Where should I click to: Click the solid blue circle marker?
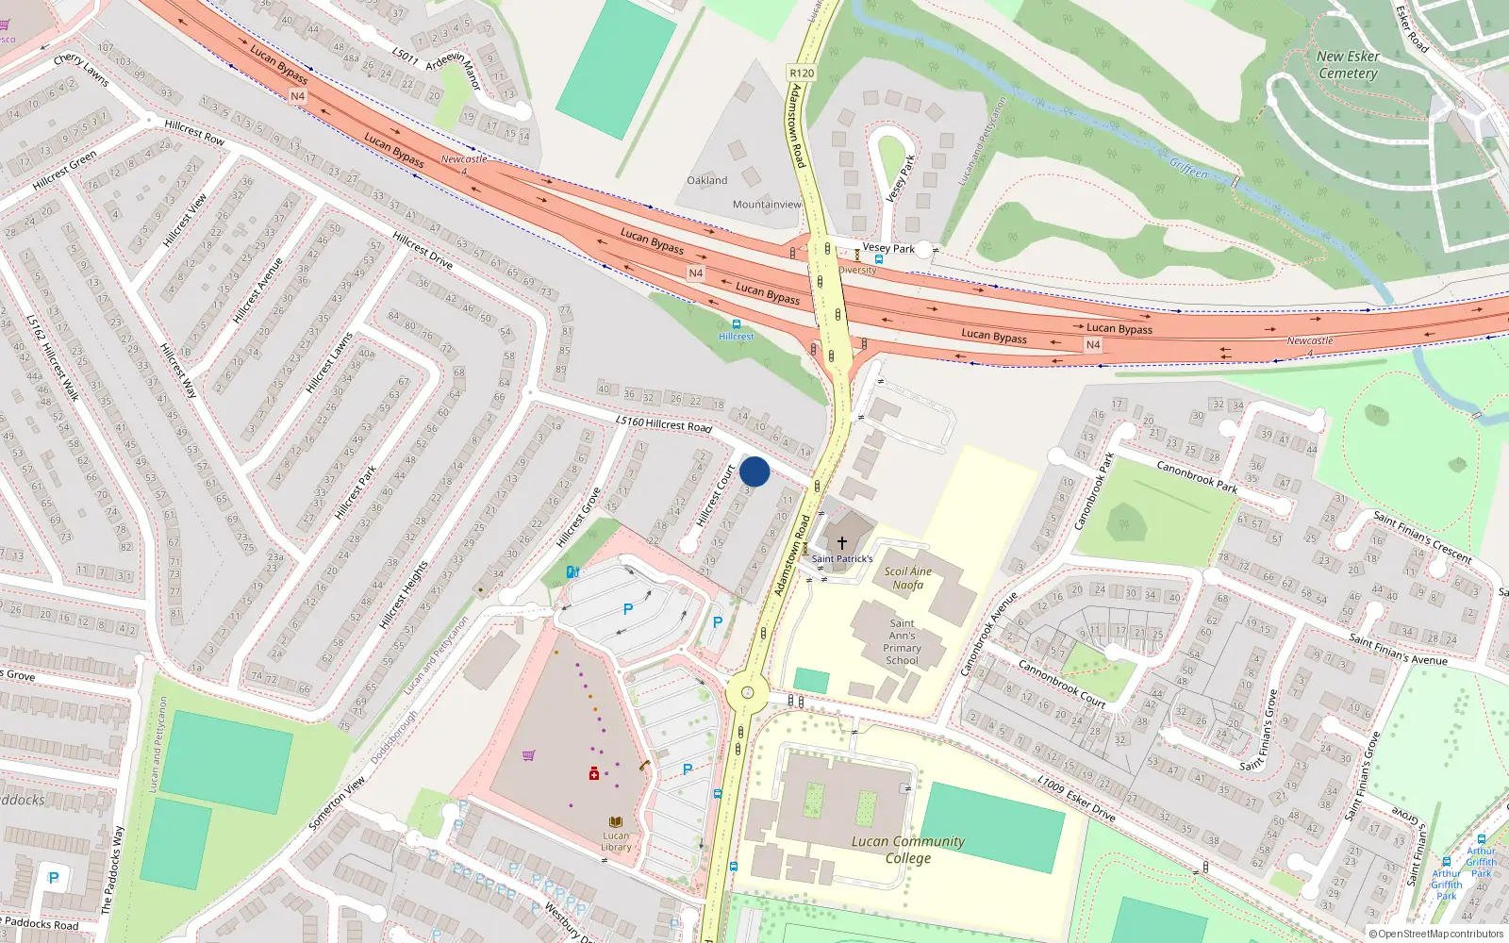tap(754, 471)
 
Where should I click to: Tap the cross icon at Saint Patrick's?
tap(842, 543)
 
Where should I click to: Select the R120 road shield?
tap(801, 73)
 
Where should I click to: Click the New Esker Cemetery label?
tap(1348, 64)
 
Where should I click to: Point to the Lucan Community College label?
tap(907, 850)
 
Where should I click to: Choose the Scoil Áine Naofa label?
tap(907, 578)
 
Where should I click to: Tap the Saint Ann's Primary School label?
tap(902, 641)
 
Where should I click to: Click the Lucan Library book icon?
tap(616, 822)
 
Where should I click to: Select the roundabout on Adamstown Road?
tap(748, 693)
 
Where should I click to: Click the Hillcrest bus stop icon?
tap(736, 324)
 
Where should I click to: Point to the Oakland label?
tap(706, 180)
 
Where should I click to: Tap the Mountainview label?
tap(767, 204)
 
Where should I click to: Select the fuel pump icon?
tap(572, 571)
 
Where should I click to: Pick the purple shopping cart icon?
tap(528, 755)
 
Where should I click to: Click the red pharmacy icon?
tap(594, 773)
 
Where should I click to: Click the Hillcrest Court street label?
tap(715, 496)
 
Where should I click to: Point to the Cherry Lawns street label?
tap(81, 69)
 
